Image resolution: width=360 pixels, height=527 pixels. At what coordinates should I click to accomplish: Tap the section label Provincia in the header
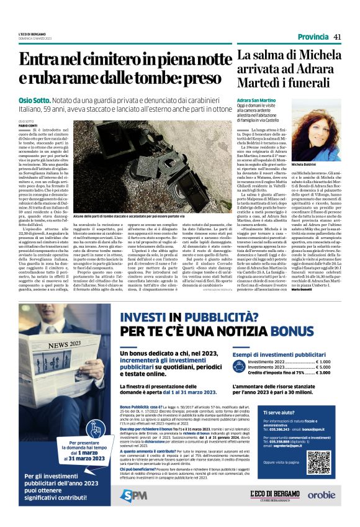point(313,37)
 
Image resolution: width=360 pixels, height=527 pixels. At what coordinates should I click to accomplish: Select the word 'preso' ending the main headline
point(208,79)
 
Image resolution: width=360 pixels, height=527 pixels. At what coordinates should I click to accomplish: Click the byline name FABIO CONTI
point(29,126)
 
